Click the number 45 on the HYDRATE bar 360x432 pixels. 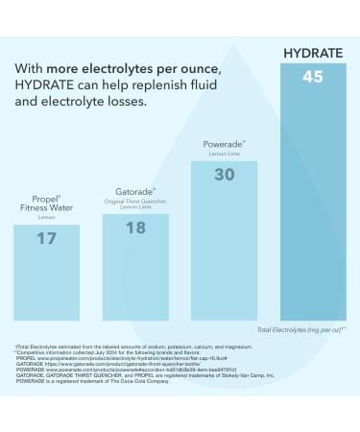312,77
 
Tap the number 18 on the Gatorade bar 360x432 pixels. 135,228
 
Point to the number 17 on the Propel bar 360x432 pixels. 46,238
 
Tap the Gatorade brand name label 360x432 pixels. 135,191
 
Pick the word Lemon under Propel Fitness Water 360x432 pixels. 46,217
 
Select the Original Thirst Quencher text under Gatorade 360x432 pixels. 135,202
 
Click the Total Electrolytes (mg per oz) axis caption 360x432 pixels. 300,329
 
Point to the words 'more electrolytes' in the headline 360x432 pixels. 106,69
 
